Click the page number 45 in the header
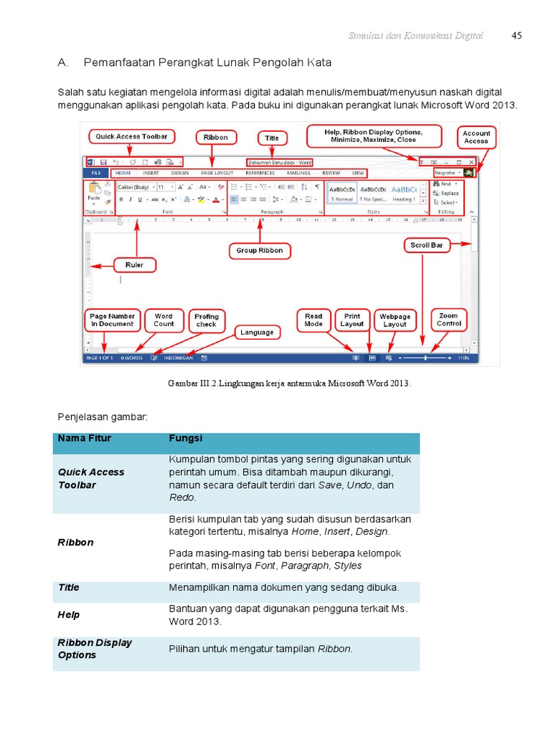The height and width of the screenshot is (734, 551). (x=517, y=35)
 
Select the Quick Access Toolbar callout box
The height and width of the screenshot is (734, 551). (x=131, y=136)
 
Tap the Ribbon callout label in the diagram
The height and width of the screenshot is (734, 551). (x=215, y=137)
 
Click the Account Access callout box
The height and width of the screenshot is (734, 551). (x=476, y=137)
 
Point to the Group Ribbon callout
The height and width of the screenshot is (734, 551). (x=260, y=250)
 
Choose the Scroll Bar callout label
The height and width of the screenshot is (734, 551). (x=426, y=245)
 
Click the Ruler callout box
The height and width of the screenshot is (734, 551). (x=134, y=264)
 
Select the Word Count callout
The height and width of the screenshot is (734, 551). (x=164, y=320)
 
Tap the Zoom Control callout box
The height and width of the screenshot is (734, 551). (x=448, y=319)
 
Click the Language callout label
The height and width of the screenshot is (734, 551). (x=257, y=332)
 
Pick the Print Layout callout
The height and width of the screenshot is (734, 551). (x=352, y=320)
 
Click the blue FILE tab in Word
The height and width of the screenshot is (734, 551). (x=95, y=173)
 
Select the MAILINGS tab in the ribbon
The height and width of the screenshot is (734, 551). (x=298, y=173)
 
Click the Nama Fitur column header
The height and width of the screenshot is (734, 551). (x=84, y=438)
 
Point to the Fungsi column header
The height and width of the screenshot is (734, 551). (x=185, y=438)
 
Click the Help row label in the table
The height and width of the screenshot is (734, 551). (x=68, y=614)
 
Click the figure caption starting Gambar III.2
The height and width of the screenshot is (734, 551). (x=289, y=383)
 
